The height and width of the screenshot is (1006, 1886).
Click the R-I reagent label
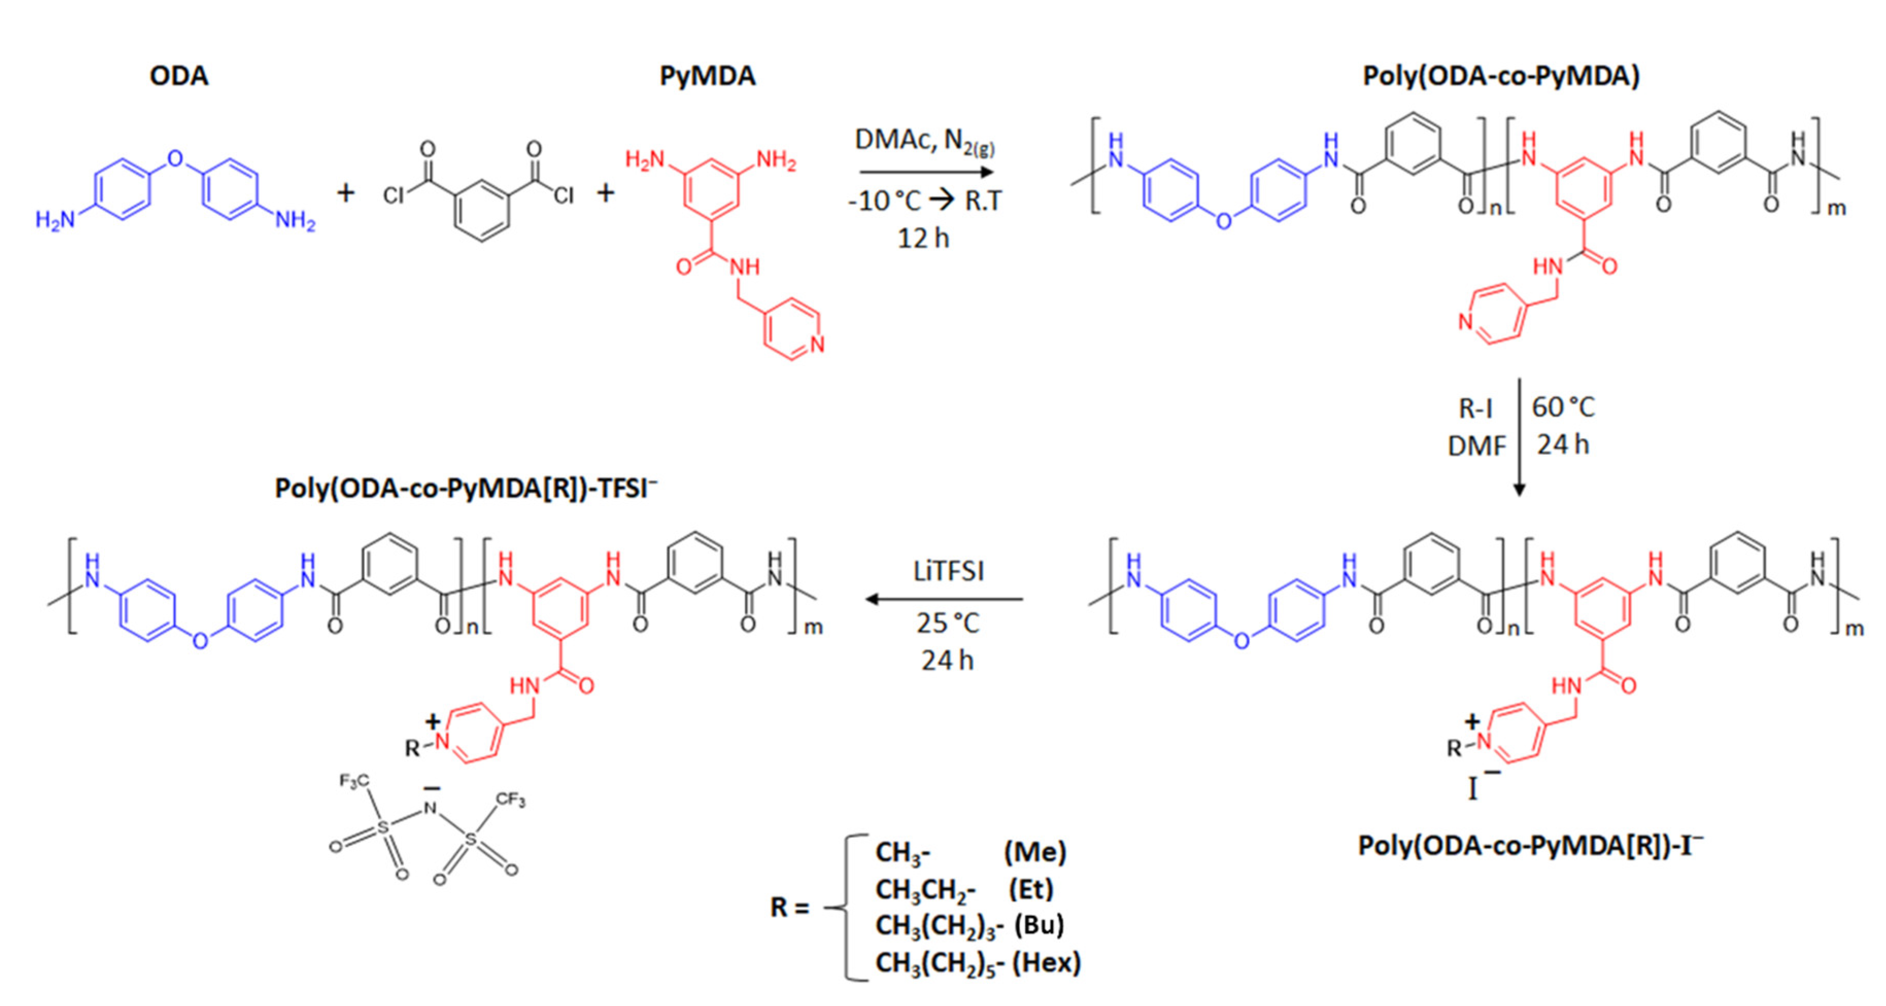(1475, 408)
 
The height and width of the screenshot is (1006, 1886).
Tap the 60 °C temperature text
(1563, 408)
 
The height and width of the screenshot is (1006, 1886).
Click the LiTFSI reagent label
(948, 571)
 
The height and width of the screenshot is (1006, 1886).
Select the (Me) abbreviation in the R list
(1035, 852)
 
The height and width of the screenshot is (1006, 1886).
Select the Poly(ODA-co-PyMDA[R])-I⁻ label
(1530, 845)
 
